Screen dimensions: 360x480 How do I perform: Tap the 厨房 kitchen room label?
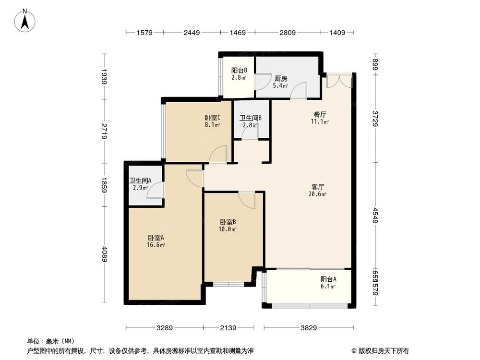click(x=281, y=79)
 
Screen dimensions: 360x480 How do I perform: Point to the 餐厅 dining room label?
click(x=320, y=115)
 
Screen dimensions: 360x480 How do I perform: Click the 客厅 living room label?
click(x=317, y=187)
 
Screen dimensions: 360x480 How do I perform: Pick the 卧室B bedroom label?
click(x=228, y=222)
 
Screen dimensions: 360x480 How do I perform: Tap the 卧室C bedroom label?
click(x=212, y=118)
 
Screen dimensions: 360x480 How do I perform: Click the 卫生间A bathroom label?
click(x=140, y=180)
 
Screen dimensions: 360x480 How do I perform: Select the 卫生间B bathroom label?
click(x=250, y=118)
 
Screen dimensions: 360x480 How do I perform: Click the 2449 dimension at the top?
click(x=191, y=33)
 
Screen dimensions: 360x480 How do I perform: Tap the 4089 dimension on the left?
click(x=104, y=254)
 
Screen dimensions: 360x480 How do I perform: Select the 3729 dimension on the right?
click(x=376, y=118)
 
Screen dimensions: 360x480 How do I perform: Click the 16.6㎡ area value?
click(x=156, y=245)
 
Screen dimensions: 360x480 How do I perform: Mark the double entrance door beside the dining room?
click(x=339, y=81)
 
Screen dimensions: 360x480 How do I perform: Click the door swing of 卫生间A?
click(x=156, y=191)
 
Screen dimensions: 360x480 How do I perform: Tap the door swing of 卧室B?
click(x=247, y=200)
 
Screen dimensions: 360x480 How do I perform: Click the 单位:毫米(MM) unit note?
click(x=48, y=341)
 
